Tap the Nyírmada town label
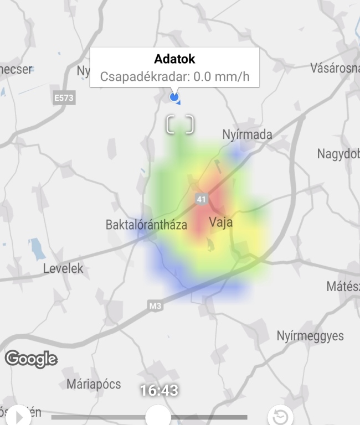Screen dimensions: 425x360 (247, 134)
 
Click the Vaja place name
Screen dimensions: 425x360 (220, 223)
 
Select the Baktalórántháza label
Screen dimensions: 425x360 (146, 225)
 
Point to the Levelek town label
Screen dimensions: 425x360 (63, 268)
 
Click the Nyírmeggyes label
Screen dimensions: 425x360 (310, 336)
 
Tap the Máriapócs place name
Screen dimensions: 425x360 (94, 383)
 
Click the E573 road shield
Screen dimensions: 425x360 (64, 99)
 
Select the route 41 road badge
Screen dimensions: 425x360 (201, 198)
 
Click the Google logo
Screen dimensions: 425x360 (31, 359)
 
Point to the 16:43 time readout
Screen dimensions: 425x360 (159, 391)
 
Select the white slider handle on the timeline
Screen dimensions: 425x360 (158, 416)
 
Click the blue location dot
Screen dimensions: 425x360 (174, 97)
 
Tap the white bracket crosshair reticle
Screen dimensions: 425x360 (181, 125)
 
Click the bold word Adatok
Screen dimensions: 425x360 (174, 59)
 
